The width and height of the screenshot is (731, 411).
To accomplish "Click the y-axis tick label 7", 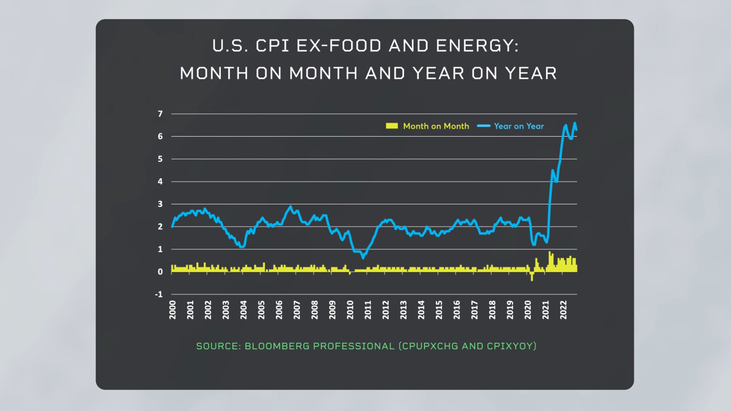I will tap(160, 114).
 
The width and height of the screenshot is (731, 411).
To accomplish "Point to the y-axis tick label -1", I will tap(159, 294).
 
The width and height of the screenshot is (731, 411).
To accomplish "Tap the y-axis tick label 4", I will tap(160, 182).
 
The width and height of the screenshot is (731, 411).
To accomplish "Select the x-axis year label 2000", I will tap(172, 310).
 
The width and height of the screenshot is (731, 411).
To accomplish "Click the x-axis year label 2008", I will tap(314, 310).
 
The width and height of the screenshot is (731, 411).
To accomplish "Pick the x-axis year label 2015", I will tap(439, 310).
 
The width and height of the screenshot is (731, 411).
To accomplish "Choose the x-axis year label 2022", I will tap(563, 310).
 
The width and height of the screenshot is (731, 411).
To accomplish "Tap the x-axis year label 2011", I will tap(368, 310).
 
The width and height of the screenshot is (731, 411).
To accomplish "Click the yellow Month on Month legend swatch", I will tap(392, 126).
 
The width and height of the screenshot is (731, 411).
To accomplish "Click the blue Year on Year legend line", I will tap(484, 126).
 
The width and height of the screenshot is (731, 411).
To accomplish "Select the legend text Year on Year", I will tap(519, 126).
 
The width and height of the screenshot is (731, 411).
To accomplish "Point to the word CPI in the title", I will tap(273, 46).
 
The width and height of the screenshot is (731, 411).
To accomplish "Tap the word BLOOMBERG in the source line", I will tap(277, 346).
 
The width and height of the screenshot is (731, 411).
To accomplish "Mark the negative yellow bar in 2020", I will tap(532, 277).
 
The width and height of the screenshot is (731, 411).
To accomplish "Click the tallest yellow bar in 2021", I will tap(549, 261).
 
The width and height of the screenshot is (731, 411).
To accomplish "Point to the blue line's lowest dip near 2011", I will tap(363, 258).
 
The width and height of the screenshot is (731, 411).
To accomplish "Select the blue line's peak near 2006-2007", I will tap(291, 207).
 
